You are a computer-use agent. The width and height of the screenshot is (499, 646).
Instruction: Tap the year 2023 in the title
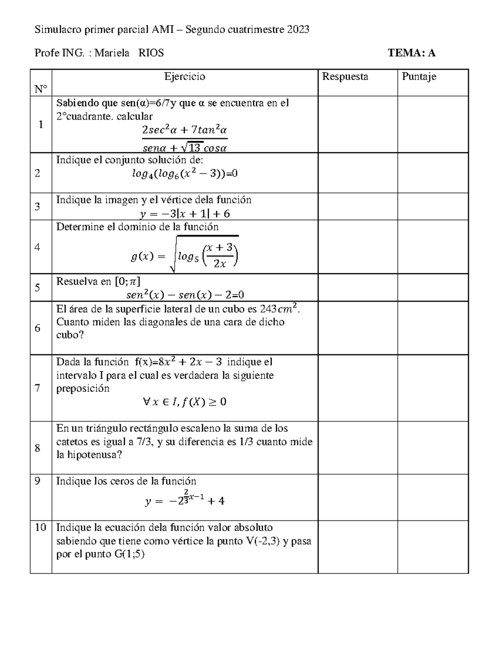click(298, 30)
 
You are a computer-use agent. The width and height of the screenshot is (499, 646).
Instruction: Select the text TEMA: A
click(411, 53)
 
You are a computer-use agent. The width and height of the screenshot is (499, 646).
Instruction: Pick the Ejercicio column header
click(185, 77)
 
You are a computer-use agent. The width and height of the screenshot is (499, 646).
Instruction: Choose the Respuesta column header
click(345, 77)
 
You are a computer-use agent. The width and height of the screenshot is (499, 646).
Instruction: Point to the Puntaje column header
click(419, 77)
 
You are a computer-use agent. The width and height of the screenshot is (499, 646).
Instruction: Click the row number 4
click(38, 247)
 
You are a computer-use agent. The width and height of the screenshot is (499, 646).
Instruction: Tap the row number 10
click(40, 528)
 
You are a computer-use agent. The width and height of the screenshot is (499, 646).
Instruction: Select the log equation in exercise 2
click(185, 174)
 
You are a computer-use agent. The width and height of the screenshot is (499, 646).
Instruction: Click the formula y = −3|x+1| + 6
click(185, 214)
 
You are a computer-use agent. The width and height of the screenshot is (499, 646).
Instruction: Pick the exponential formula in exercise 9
click(185, 500)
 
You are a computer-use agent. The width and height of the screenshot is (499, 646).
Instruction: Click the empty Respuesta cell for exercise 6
click(358, 328)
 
